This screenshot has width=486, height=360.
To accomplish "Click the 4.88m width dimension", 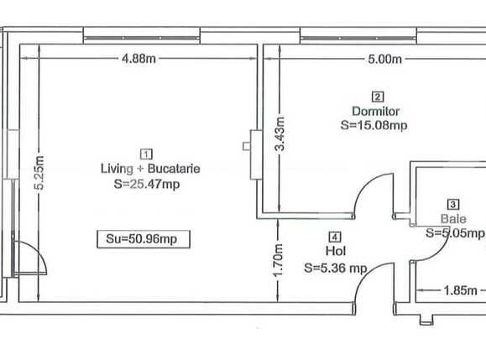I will (x=140, y=59).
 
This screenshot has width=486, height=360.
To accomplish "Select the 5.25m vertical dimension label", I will (x=38, y=174).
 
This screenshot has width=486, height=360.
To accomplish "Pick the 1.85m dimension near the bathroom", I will (x=460, y=291).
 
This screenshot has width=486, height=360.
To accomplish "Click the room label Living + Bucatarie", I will (x=149, y=169).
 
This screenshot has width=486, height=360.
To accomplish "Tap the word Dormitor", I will (x=376, y=111).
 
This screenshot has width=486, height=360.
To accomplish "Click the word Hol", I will (x=334, y=252).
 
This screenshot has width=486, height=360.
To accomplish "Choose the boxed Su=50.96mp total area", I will (x=142, y=239).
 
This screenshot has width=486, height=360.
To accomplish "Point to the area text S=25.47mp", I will (x=148, y=185).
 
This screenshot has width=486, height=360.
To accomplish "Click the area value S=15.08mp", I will (x=374, y=126).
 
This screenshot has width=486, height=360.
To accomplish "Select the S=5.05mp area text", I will (x=455, y=233).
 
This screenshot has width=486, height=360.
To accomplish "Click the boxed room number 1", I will (x=148, y=154).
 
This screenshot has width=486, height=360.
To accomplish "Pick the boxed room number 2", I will (x=378, y=96).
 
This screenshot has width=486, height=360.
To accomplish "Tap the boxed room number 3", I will (x=453, y=203).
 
